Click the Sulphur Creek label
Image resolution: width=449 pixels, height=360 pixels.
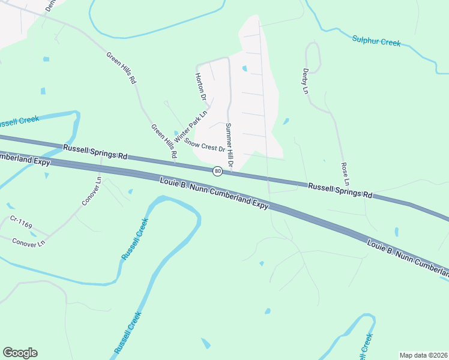point(376,41)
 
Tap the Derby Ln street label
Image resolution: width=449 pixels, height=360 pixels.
point(305,80)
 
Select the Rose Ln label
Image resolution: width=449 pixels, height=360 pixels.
point(345,173)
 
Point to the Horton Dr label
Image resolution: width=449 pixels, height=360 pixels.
point(201,86)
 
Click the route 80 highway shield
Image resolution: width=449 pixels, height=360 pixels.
point(218,171)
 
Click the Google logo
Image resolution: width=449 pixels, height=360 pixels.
point(20,353)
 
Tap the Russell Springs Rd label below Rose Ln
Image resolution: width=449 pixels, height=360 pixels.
point(340,191)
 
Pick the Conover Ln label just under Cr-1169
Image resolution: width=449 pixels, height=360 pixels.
point(29,242)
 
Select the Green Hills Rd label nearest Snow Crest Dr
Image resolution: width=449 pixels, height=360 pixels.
point(164,141)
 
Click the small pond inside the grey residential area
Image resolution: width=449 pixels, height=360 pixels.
point(244,68)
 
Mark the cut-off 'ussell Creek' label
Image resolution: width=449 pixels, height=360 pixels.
point(20,122)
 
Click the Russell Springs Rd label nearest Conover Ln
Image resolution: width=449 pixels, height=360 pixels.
point(95,151)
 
